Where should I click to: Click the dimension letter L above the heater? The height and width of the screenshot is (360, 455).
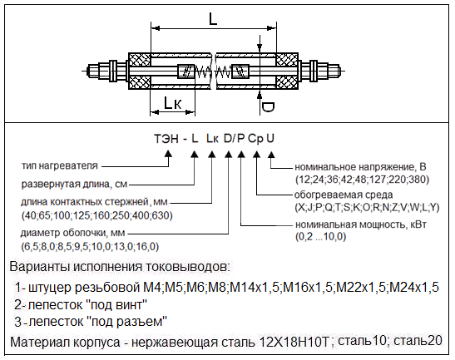click(213, 19)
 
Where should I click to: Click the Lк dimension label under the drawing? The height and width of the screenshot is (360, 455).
click(173, 103)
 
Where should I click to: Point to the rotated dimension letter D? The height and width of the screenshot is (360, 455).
click(268, 106)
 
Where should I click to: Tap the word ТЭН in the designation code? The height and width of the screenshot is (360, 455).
click(166, 139)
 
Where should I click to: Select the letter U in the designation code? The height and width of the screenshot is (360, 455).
click(270, 138)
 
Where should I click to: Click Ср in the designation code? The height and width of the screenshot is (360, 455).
click(255, 139)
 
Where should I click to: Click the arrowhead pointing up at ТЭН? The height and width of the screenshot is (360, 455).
click(168, 154)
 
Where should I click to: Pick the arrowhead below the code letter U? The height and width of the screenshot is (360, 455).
click(271, 154)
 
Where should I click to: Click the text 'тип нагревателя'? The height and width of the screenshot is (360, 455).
click(60, 166)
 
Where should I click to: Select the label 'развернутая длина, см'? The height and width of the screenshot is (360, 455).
click(74, 185)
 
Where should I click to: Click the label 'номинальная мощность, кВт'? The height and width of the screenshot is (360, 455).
click(361, 224)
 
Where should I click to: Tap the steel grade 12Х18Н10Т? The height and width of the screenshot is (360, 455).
click(294, 342)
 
